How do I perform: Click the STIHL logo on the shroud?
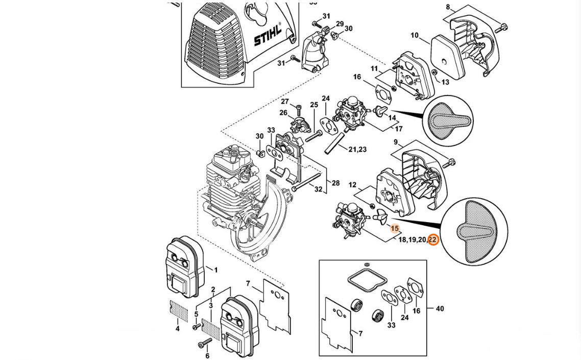tap(267, 35)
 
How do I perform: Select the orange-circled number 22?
tap(432, 240)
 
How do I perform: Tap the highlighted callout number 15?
tap(395, 228)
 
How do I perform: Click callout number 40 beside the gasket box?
tap(440, 308)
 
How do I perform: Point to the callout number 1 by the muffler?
tap(215, 270)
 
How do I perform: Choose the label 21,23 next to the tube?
tap(357, 150)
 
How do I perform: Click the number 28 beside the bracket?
tap(335, 183)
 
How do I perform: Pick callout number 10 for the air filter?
tap(414, 36)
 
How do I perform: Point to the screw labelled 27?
tap(299, 109)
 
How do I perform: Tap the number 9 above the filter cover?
tap(396, 142)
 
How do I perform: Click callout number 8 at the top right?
tap(448, 7)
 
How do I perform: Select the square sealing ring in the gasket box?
tap(365, 281)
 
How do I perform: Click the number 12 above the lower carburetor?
tap(352, 185)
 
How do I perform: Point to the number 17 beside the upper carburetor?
tap(398, 129)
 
